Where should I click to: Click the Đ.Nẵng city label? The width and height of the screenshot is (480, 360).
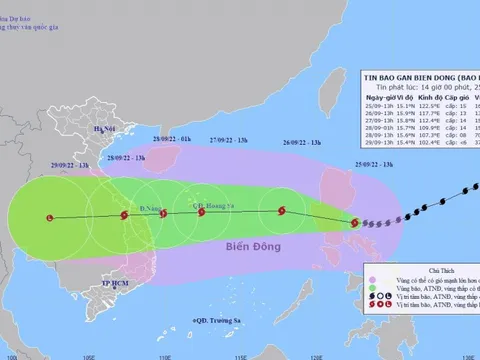(x=152, y=208)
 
